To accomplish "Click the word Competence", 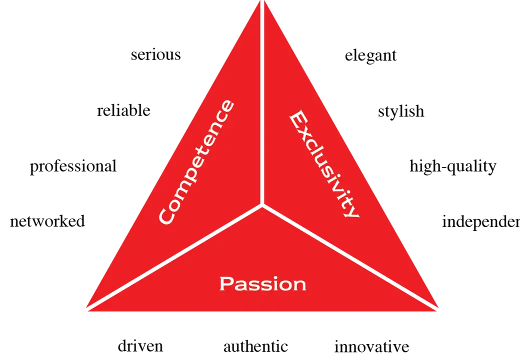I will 196,162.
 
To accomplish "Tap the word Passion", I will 262,284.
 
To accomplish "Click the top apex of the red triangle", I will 262,3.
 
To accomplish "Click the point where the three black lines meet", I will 262,204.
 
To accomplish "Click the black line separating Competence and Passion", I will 175,256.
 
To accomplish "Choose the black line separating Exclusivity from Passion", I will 350,256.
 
